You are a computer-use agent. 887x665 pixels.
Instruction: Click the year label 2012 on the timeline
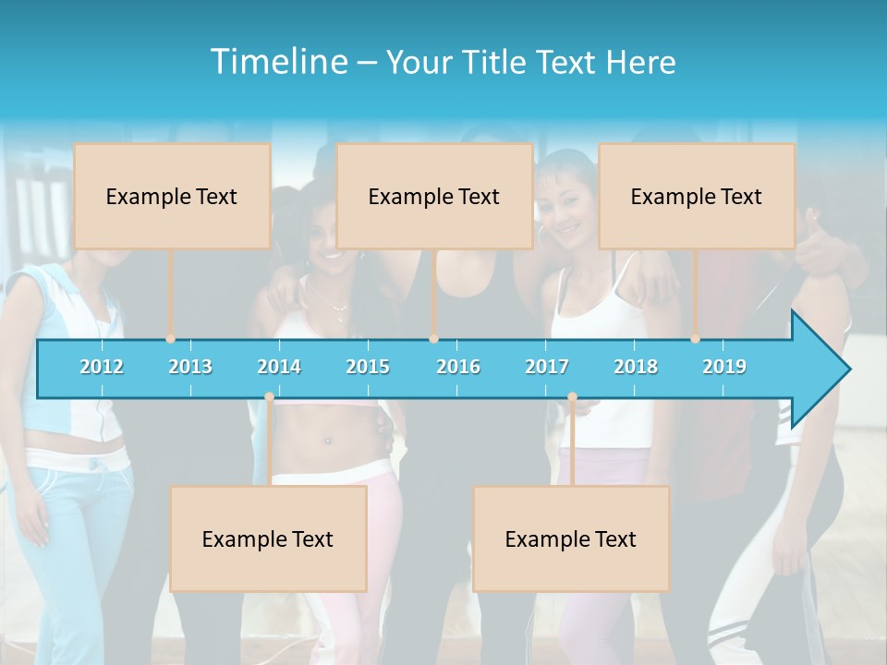point(102,367)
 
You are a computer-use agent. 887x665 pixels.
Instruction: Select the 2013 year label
point(190,367)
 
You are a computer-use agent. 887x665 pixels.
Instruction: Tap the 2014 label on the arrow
point(279,367)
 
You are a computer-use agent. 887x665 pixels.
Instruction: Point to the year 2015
point(368,367)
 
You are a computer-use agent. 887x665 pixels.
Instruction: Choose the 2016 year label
point(458,367)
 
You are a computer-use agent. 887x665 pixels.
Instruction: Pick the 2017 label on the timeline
point(547,367)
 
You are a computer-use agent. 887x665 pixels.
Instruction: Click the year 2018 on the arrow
point(636,367)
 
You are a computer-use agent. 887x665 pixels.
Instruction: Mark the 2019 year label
point(724,367)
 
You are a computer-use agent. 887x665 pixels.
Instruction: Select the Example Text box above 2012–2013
point(172,196)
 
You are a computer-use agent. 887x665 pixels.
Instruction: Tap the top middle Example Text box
point(434,196)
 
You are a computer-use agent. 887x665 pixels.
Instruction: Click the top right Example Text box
point(697,196)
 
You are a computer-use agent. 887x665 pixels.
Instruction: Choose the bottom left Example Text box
point(268,538)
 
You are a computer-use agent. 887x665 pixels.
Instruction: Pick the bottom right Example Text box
point(571,538)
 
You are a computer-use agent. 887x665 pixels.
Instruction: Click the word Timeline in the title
point(277,62)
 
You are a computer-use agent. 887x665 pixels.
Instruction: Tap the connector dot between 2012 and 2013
point(170,339)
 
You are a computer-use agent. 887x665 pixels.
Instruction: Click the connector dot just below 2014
point(269,397)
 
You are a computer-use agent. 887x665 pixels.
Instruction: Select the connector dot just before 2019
point(696,339)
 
